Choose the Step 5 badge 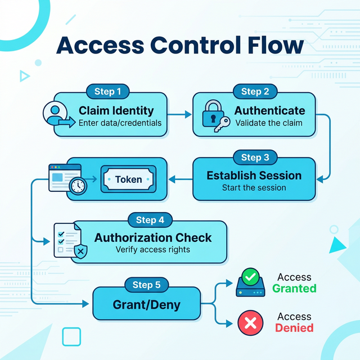(146, 285)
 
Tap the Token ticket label (128, 179)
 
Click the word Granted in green (294, 289)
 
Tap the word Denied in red (294, 328)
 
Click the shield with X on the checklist (80, 250)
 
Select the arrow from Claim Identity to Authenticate (180, 115)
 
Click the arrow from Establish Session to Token (180, 179)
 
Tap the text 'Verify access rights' (153, 250)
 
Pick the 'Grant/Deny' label (147, 305)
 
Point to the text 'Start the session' (254, 188)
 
